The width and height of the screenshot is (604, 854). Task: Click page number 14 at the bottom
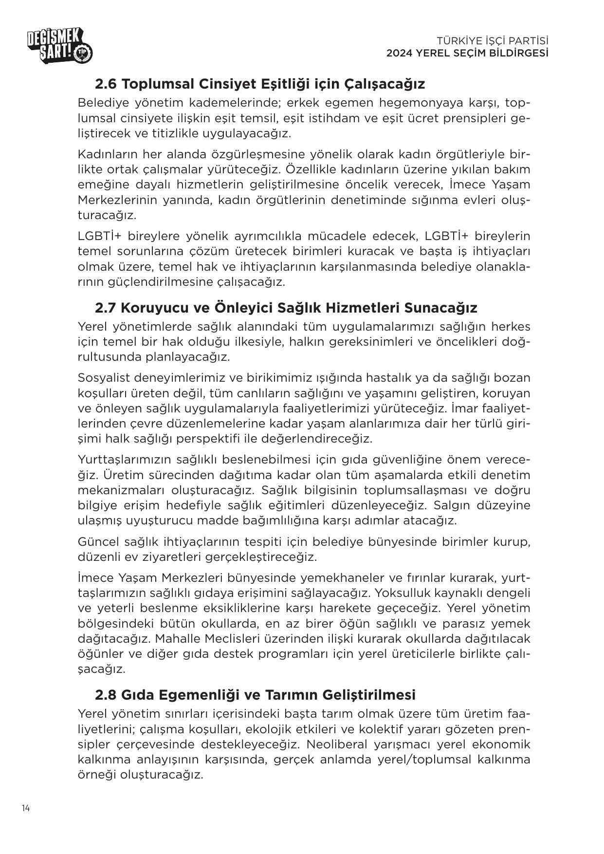[x=26, y=809]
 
